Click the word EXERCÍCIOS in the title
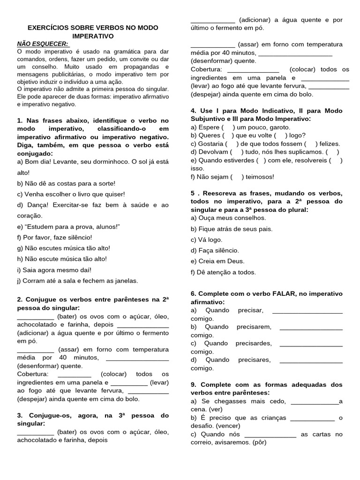click(x=45, y=28)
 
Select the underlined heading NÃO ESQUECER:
click(x=43, y=44)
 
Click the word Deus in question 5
click(x=236, y=261)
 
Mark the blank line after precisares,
click(x=311, y=360)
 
